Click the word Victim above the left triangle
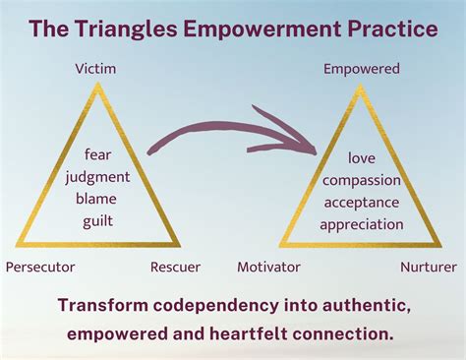click(95, 69)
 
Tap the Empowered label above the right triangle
click(362, 69)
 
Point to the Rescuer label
click(176, 267)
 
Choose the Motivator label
click(270, 267)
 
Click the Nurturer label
click(430, 267)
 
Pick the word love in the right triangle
click(362, 158)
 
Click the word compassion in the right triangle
click(362, 180)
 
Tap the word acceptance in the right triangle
click(362, 202)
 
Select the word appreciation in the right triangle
click(362, 223)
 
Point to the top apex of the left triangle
click(96, 86)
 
